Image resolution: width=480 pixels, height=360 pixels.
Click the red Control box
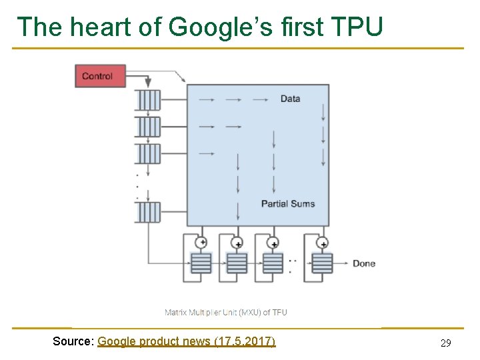click(x=100, y=76)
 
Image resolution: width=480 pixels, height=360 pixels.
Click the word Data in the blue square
click(x=290, y=99)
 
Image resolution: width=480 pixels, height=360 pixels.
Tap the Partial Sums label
click(x=288, y=203)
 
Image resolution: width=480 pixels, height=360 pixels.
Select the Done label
click(x=364, y=263)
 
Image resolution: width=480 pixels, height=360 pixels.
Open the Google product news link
click(x=186, y=341)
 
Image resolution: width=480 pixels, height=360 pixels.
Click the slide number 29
click(x=446, y=343)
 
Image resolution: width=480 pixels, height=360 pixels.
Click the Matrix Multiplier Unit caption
click(x=226, y=312)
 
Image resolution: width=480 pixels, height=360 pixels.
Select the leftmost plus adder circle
click(x=201, y=243)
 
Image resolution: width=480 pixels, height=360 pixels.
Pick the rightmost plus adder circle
click(x=323, y=243)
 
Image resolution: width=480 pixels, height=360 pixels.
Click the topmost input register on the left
click(x=147, y=100)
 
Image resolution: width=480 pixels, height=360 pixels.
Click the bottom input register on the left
click(x=147, y=212)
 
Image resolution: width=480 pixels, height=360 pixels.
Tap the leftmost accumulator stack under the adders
click(x=201, y=263)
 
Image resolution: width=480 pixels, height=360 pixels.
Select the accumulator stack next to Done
click(x=323, y=263)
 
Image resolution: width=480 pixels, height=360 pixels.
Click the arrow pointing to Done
click(x=341, y=263)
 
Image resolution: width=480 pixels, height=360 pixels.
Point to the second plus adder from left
click(x=237, y=243)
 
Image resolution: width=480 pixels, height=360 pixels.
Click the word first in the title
click(x=301, y=27)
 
